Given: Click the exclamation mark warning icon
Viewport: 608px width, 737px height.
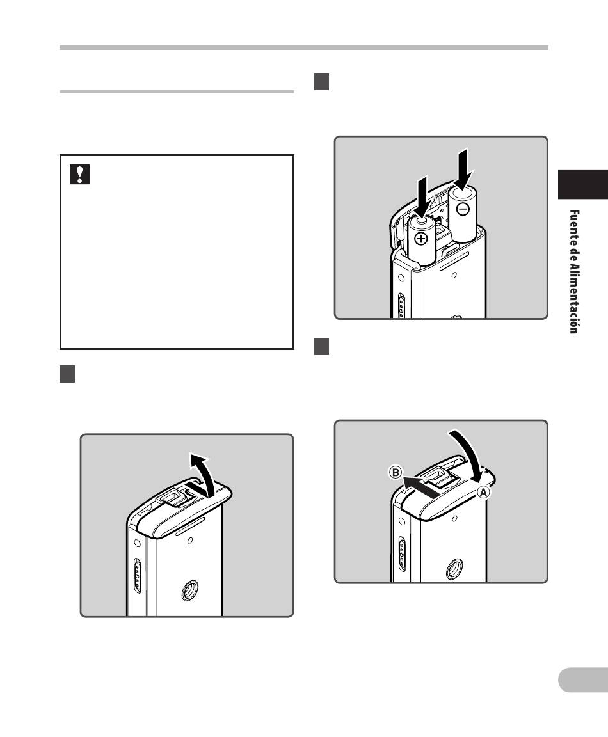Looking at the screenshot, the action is coord(79,175).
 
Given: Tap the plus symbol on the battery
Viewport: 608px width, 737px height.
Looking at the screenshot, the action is coord(421,239).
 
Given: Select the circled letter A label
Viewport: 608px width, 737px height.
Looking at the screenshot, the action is coord(483,493).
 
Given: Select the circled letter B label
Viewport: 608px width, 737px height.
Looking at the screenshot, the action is coord(396,472).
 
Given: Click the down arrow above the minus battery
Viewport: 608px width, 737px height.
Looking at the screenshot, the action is coord(463,169).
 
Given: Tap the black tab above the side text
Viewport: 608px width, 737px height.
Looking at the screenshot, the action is coord(583,184).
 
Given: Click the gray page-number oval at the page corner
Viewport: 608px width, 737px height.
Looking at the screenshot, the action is coord(583,679).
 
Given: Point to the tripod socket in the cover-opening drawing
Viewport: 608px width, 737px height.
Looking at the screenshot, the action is coord(189,591).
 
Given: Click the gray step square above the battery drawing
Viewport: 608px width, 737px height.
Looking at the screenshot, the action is coord(321,81).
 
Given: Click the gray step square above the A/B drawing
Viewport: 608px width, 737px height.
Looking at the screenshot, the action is coord(321,346).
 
